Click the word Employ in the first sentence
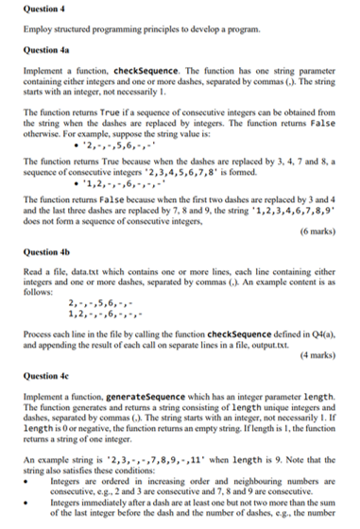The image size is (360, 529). tap(35, 30)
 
